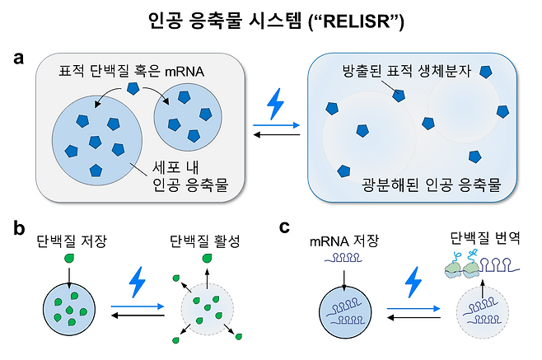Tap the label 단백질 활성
pyautogui.click(x=208, y=243)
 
